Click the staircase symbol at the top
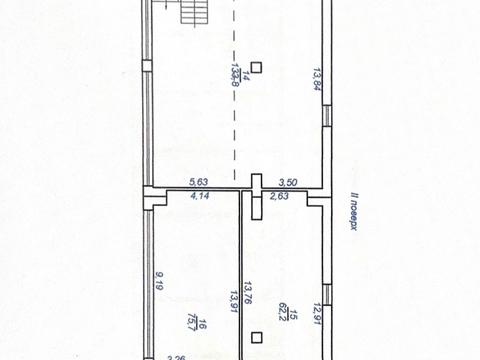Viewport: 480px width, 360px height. click(191, 13)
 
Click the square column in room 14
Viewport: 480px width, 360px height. click(257, 67)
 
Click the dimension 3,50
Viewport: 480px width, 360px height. click(286, 181)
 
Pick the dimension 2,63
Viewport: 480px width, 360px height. click(279, 197)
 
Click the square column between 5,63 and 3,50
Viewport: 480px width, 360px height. click(256, 181)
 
